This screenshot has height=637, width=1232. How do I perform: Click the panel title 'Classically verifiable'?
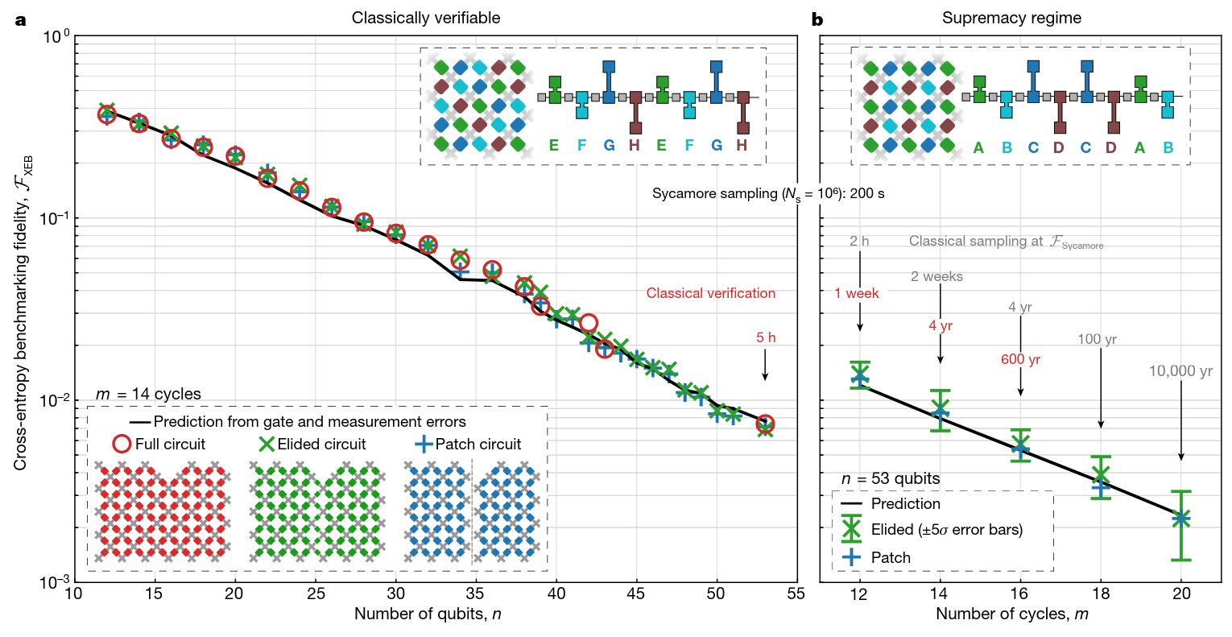(425, 18)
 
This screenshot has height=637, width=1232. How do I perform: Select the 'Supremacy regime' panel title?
(1011, 18)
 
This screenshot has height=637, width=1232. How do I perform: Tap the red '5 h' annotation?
(766, 337)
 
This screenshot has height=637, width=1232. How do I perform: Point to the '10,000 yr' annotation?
(1180, 371)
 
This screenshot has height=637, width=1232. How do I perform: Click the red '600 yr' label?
(1020, 359)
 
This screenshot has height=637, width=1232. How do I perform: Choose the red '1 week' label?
(857, 293)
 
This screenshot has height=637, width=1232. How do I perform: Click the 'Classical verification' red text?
(710, 293)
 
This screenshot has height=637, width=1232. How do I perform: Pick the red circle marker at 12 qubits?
(106, 114)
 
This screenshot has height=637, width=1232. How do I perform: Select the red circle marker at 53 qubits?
(765, 424)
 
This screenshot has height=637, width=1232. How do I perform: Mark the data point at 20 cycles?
(1181, 519)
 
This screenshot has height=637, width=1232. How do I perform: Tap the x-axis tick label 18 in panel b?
(1101, 594)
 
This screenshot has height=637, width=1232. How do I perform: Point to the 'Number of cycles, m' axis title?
(1012, 614)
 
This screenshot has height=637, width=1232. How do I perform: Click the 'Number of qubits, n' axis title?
(428, 614)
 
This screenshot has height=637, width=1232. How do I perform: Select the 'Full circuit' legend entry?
(159, 444)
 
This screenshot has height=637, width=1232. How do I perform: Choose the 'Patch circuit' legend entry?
(468, 444)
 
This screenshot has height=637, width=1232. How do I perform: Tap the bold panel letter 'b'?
(817, 19)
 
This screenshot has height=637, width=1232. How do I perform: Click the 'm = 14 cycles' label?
(148, 394)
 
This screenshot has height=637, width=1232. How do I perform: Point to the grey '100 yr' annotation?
(1097, 339)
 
